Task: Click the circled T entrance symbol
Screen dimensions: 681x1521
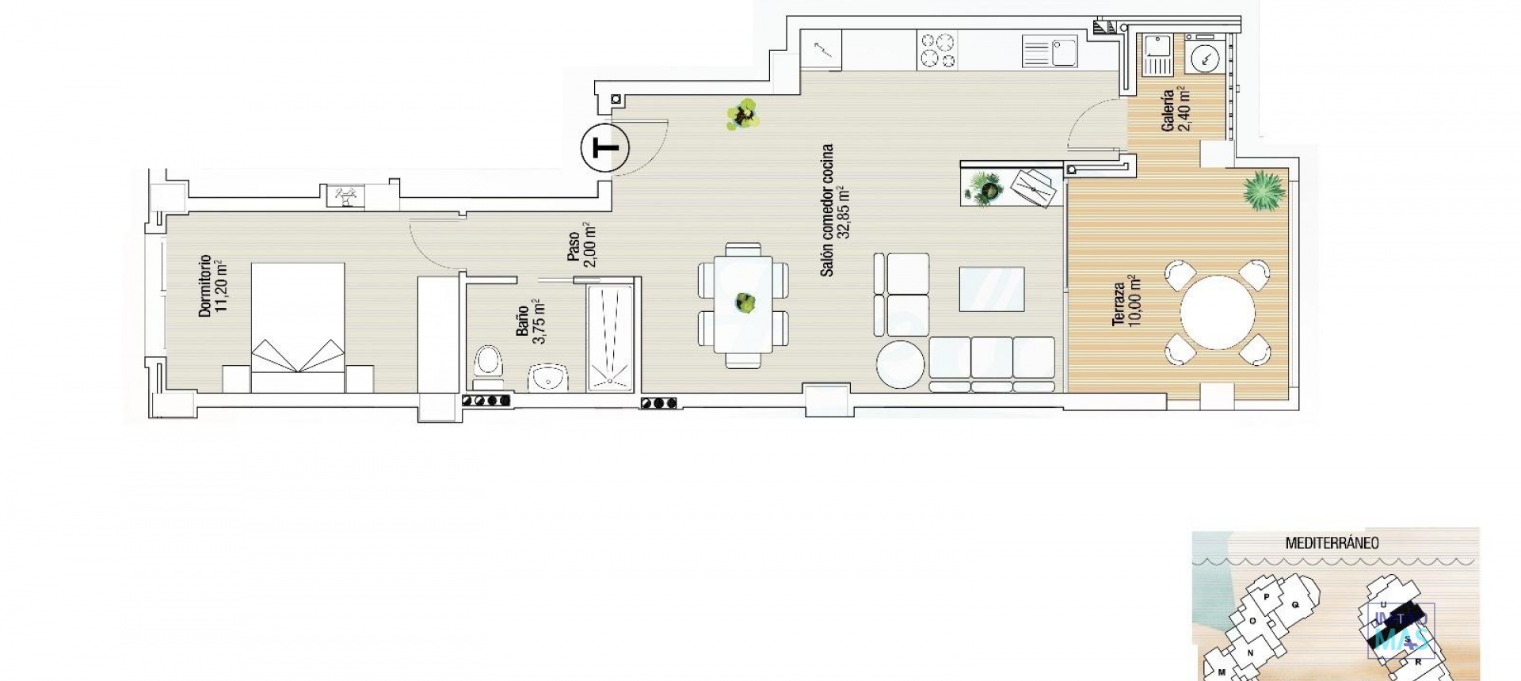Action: tap(604, 148)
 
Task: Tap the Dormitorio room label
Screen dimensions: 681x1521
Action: tap(212, 286)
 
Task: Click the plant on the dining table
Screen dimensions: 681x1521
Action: tap(744, 302)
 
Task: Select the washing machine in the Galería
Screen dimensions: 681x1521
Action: tap(1207, 58)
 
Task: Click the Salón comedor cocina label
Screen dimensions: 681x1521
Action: tap(835, 211)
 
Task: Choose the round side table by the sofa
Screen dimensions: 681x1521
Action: tap(901, 364)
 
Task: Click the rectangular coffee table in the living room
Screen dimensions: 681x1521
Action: tap(991, 289)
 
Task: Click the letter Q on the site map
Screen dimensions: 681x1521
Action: tap(1296, 605)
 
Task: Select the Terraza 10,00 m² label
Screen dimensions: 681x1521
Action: tap(1125, 304)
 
